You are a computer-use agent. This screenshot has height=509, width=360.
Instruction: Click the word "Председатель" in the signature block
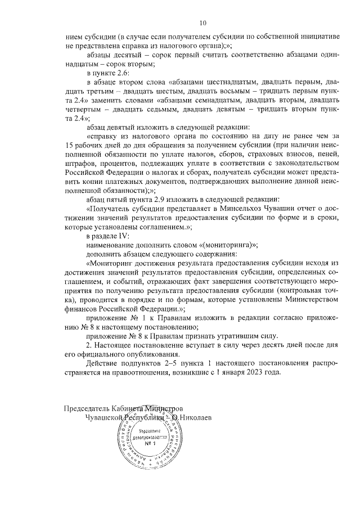[x=87, y=408]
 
